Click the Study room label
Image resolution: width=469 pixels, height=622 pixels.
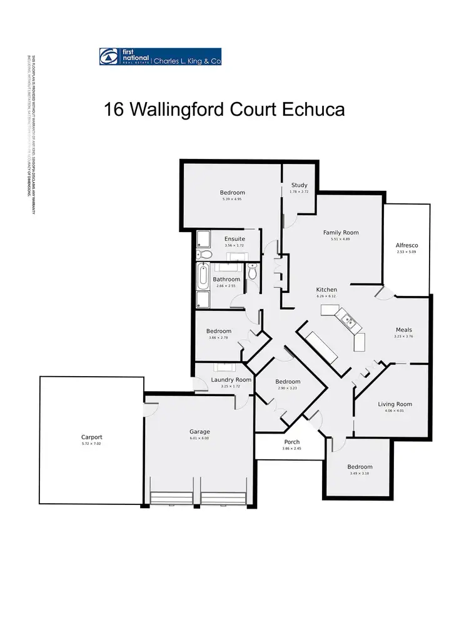coord(300,185)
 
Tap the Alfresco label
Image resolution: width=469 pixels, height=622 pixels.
coord(406,245)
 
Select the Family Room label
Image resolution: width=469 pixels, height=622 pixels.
coord(341,233)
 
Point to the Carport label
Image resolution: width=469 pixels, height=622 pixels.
coord(91,437)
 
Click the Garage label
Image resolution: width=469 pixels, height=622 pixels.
coord(200,432)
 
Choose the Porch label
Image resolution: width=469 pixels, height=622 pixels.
coord(292,442)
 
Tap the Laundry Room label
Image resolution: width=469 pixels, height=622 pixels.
coord(231,380)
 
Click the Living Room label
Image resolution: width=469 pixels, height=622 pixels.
coord(395,404)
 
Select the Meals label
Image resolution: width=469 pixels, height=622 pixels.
coord(404,330)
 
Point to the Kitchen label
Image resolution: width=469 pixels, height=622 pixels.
coord(326,290)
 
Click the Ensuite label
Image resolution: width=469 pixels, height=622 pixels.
coord(234,239)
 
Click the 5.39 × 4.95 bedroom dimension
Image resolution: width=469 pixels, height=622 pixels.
coord(232,199)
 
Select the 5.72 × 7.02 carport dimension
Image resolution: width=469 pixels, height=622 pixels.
coord(91,444)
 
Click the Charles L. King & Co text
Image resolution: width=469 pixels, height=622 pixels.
coord(188,61)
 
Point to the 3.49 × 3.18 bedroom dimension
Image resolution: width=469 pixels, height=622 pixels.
coord(360,473)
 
